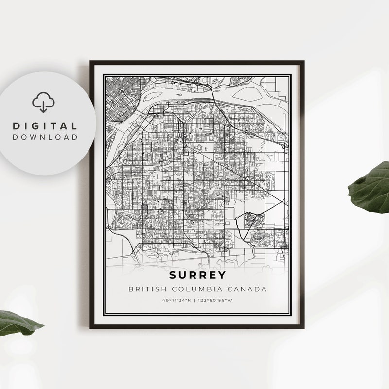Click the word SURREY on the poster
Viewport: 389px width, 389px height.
coord(197,275)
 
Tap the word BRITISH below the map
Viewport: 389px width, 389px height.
coord(144,289)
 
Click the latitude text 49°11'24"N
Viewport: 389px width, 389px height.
coord(177,300)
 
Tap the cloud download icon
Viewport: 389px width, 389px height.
coord(44,102)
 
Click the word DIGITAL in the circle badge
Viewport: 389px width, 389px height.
coord(45,126)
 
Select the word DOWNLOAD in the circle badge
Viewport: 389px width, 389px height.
coord(45,137)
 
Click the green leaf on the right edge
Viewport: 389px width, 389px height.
coord(372,187)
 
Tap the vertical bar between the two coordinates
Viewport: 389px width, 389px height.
coord(196,300)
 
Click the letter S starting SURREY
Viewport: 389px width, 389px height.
coord(173,275)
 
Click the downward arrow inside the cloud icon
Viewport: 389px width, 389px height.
coord(44,106)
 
